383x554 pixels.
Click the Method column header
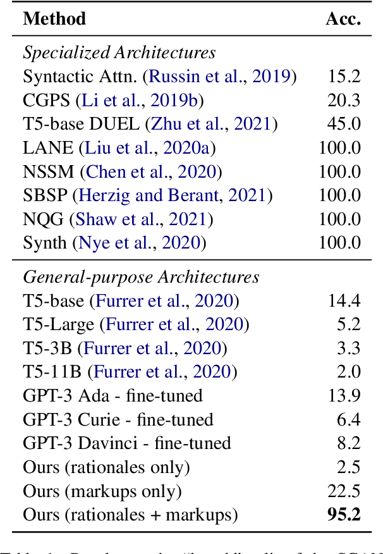tap(54, 18)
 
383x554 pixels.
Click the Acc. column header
tap(343, 18)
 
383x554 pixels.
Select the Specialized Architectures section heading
tap(119, 53)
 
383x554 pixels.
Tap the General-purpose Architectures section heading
tap(141, 277)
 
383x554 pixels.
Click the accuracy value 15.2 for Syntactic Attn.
tap(344, 77)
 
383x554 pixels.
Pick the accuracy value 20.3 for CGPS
tap(344, 100)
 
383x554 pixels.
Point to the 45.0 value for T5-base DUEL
tap(344, 124)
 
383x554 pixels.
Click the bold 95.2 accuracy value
tap(343, 515)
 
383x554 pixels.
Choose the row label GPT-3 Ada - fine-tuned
tap(112, 397)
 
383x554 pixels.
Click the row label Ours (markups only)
tap(102, 491)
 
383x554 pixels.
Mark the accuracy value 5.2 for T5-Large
tap(349, 325)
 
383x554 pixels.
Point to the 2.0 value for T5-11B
tap(349, 372)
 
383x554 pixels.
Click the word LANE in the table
tap(49, 147)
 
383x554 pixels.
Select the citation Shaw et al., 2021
tap(142, 219)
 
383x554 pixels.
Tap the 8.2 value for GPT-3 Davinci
tap(349, 444)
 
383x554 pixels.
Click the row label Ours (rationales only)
tap(106, 467)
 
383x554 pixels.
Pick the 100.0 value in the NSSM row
tap(339, 171)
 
